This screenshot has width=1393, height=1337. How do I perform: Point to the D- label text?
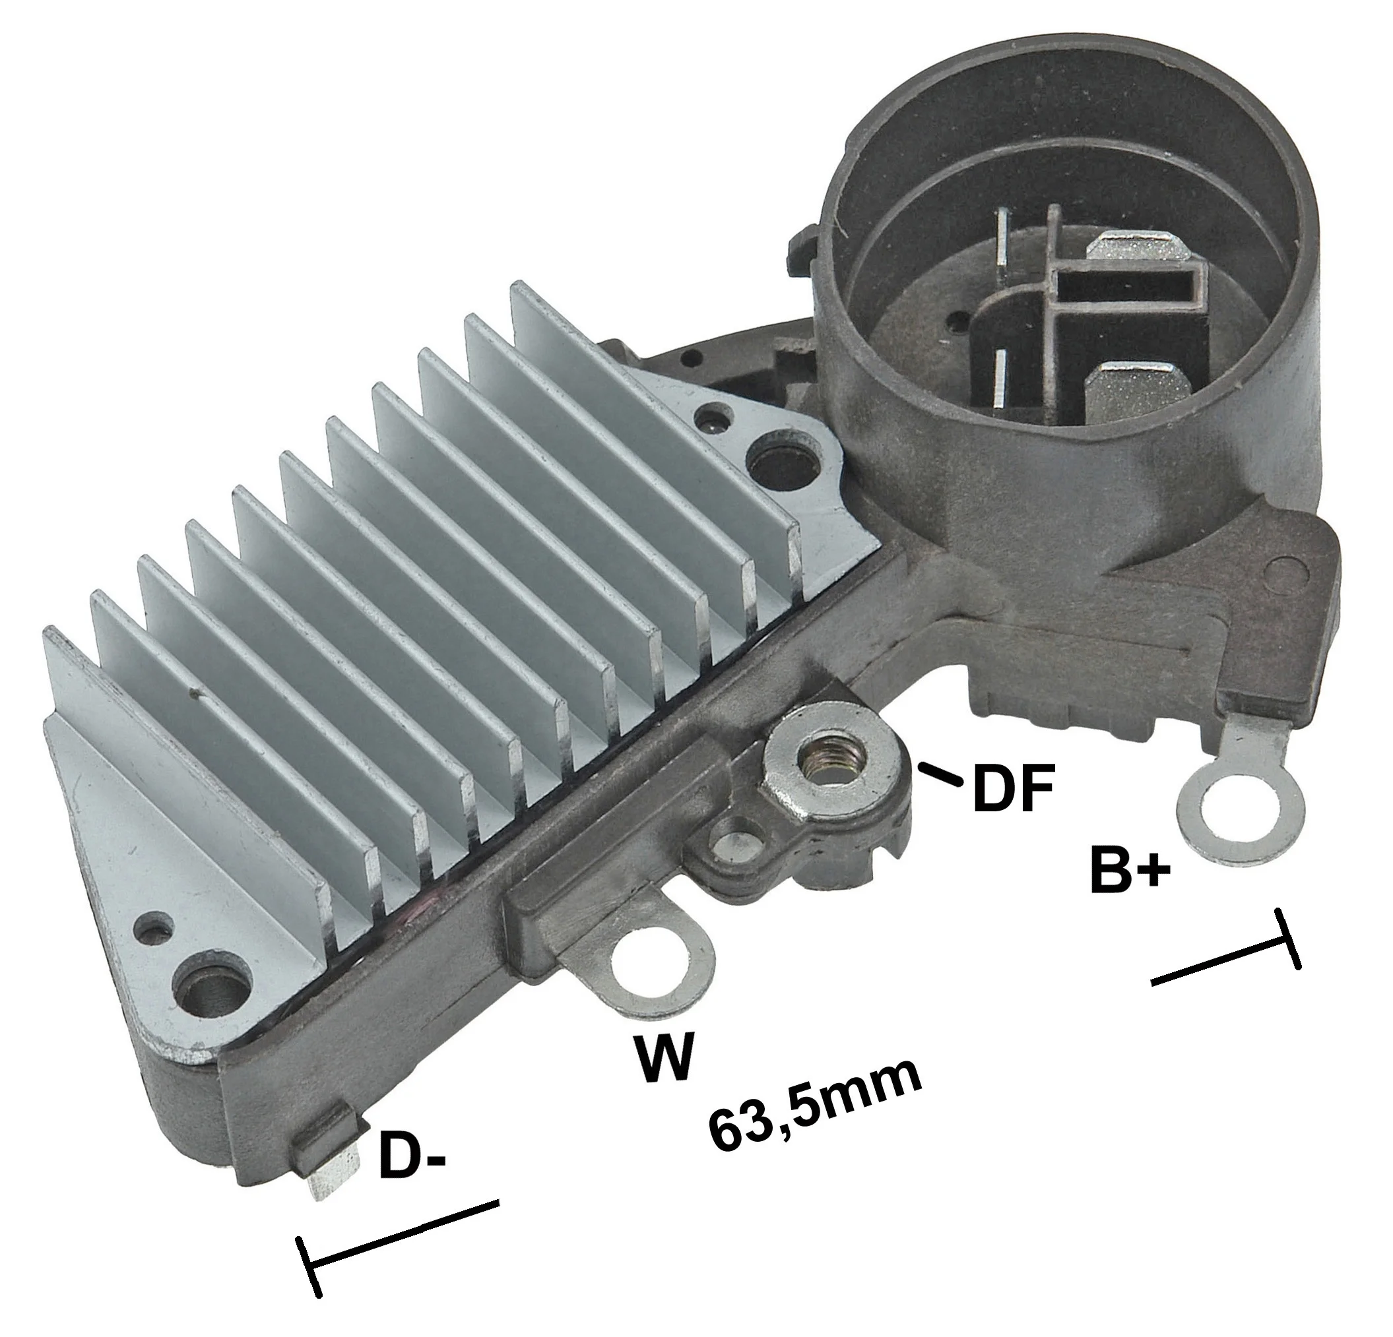pos(412,1155)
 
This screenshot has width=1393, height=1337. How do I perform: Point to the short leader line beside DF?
pos(939,774)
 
